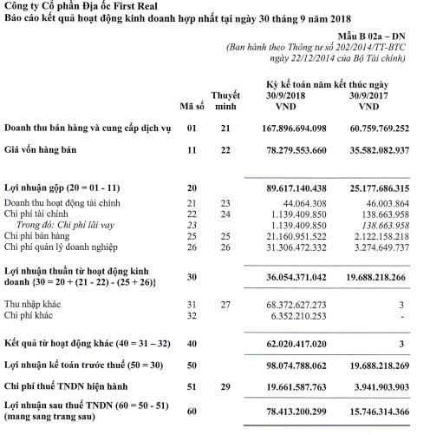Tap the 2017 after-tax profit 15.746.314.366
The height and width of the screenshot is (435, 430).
pos(376,412)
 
